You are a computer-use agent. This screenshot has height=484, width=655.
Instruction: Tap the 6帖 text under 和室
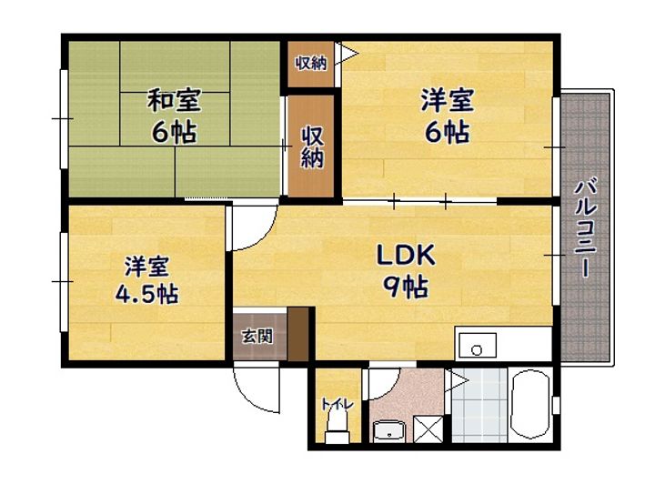(x=174, y=132)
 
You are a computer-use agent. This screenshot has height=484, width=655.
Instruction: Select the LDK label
(x=406, y=255)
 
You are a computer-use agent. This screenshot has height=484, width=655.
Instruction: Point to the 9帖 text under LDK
(x=406, y=287)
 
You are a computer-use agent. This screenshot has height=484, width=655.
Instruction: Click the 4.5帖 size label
(x=146, y=294)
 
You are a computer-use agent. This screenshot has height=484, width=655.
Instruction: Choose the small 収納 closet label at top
(x=311, y=64)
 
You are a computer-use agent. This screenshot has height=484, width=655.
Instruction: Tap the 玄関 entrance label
(x=257, y=336)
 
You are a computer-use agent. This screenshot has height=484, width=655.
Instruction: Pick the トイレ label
(x=338, y=404)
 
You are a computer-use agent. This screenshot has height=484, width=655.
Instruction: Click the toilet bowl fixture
(x=337, y=425)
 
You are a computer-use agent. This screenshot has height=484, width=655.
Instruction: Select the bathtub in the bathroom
(x=530, y=404)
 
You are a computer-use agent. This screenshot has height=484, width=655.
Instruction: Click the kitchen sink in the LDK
(x=478, y=346)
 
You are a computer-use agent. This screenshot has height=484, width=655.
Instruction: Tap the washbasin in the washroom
(x=389, y=431)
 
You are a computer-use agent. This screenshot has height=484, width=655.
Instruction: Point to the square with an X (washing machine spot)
(x=428, y=429)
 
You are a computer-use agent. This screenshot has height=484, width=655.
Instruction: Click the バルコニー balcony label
(x=586, y=228)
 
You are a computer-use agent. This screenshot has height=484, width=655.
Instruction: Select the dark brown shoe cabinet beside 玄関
(x=298, y=334)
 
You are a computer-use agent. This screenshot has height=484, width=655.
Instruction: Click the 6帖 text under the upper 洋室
(x=448, y=132)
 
